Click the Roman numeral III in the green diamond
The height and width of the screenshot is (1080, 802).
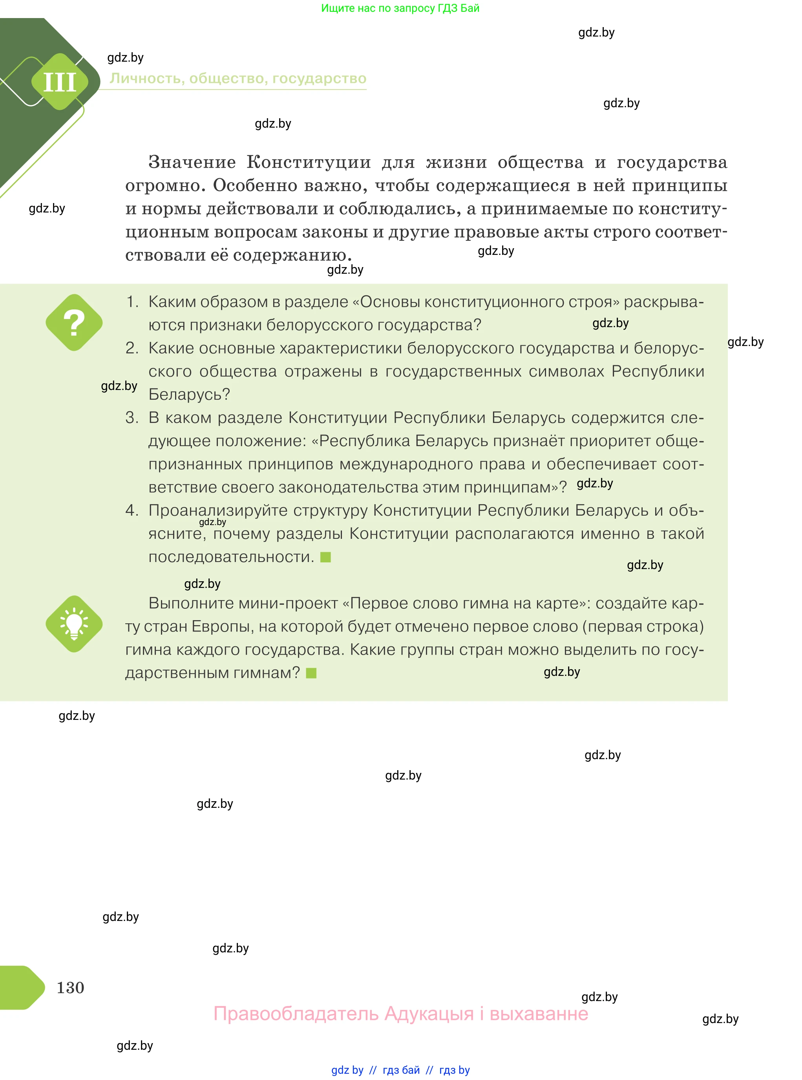[60, 82]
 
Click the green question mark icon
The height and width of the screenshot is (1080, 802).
[74, 322]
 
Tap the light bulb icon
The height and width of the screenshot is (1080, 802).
[74, 624]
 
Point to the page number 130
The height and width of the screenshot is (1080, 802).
[70, 987]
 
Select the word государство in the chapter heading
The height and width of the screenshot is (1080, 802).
[319, 78]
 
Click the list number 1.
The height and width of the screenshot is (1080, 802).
[132, 302]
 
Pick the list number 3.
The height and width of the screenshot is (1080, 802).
[132, 417]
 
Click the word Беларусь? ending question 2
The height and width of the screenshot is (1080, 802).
[189, 394]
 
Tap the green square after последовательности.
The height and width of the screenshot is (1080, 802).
[326, 557]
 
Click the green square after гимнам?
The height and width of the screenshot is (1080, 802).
[312, 673]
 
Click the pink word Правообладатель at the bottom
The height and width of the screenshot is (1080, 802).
[296, 1014]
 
